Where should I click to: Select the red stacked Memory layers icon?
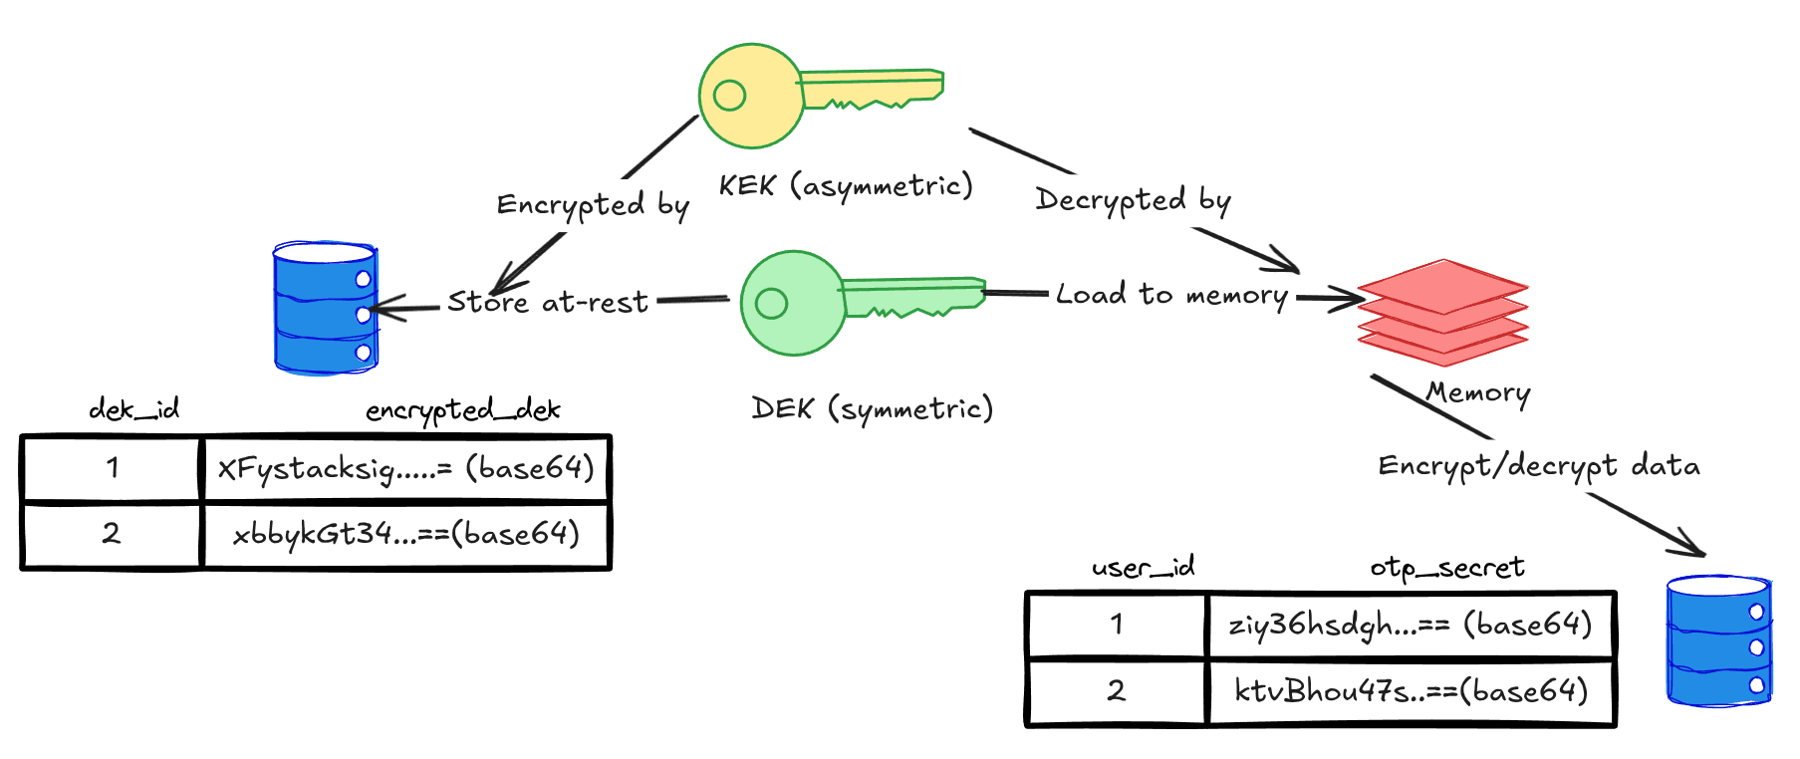point(1442,313)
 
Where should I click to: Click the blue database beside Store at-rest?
point(325,308)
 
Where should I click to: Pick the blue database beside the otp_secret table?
point(1718,640)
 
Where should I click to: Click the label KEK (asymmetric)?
point(846,186)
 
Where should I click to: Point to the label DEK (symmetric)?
point(872,408)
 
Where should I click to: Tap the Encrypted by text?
point(593,205)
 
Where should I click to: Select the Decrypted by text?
point(1133,200)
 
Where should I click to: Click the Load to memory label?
point(1171,295)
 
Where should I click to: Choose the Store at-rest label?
point(547,302)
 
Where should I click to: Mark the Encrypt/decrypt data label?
point(1538,466)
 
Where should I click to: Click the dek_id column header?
point(133,409)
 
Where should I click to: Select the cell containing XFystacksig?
point(405,468)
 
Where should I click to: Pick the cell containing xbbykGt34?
point(405,535)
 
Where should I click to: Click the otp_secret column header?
point(1446,568)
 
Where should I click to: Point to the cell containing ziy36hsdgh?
point(1410,625)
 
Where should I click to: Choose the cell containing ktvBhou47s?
point(1410,691)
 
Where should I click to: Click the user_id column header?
point(1143,568)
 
